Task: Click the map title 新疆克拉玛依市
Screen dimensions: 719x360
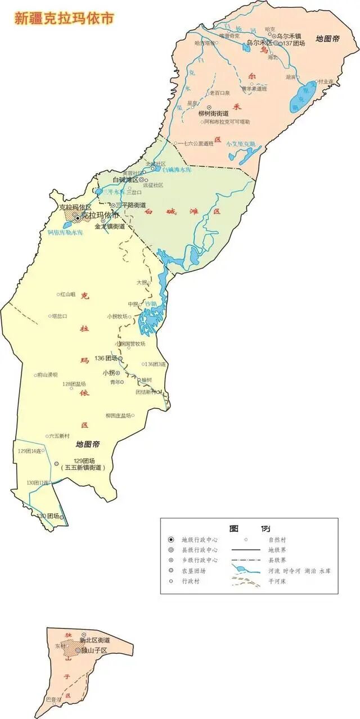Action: coord(64,18)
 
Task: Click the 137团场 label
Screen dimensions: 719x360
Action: coord(294,43)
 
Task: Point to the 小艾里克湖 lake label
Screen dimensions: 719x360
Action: coord(241,143)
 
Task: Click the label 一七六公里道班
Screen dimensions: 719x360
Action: coord(196,143)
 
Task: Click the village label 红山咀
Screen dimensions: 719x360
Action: coord(68,295)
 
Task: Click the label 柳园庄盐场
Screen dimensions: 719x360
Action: coord(118,415)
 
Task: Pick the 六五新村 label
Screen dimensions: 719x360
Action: coord(59,436)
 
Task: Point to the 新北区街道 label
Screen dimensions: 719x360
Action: coord(94,640)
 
